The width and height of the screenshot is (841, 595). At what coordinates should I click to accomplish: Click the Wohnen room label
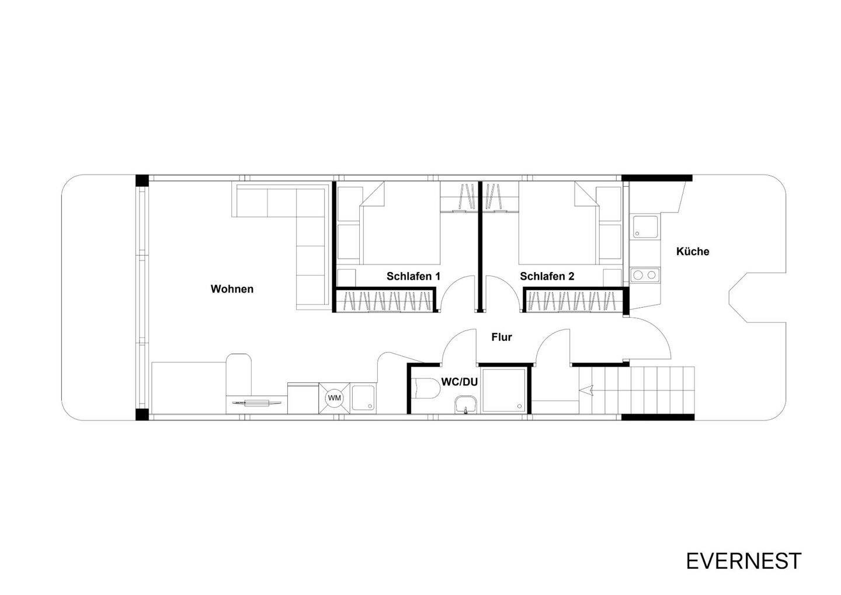(x=232, y=289)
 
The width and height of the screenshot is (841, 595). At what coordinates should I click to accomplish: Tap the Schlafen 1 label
(x=413, y=276)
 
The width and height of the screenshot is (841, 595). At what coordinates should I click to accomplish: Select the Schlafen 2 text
(x=547, y=276)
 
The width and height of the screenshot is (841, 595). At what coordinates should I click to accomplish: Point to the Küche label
(x=693, y=252)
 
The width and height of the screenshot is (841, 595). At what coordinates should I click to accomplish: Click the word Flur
(x=501, y=337)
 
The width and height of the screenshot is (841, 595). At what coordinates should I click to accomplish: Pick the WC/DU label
(x=460, y=382)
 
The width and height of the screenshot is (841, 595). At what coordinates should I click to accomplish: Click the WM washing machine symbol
(x=334, y=398)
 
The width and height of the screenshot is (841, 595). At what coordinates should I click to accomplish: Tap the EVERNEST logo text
(x=743, y=561)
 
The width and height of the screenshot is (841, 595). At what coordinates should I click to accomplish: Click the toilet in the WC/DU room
(x=425, y=388)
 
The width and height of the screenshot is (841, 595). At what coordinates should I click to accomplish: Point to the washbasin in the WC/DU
(x=465, y=404)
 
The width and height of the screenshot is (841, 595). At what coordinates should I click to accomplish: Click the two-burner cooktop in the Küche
(x=644, y=274)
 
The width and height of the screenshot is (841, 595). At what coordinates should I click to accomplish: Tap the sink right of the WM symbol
(x=364, y=398)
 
